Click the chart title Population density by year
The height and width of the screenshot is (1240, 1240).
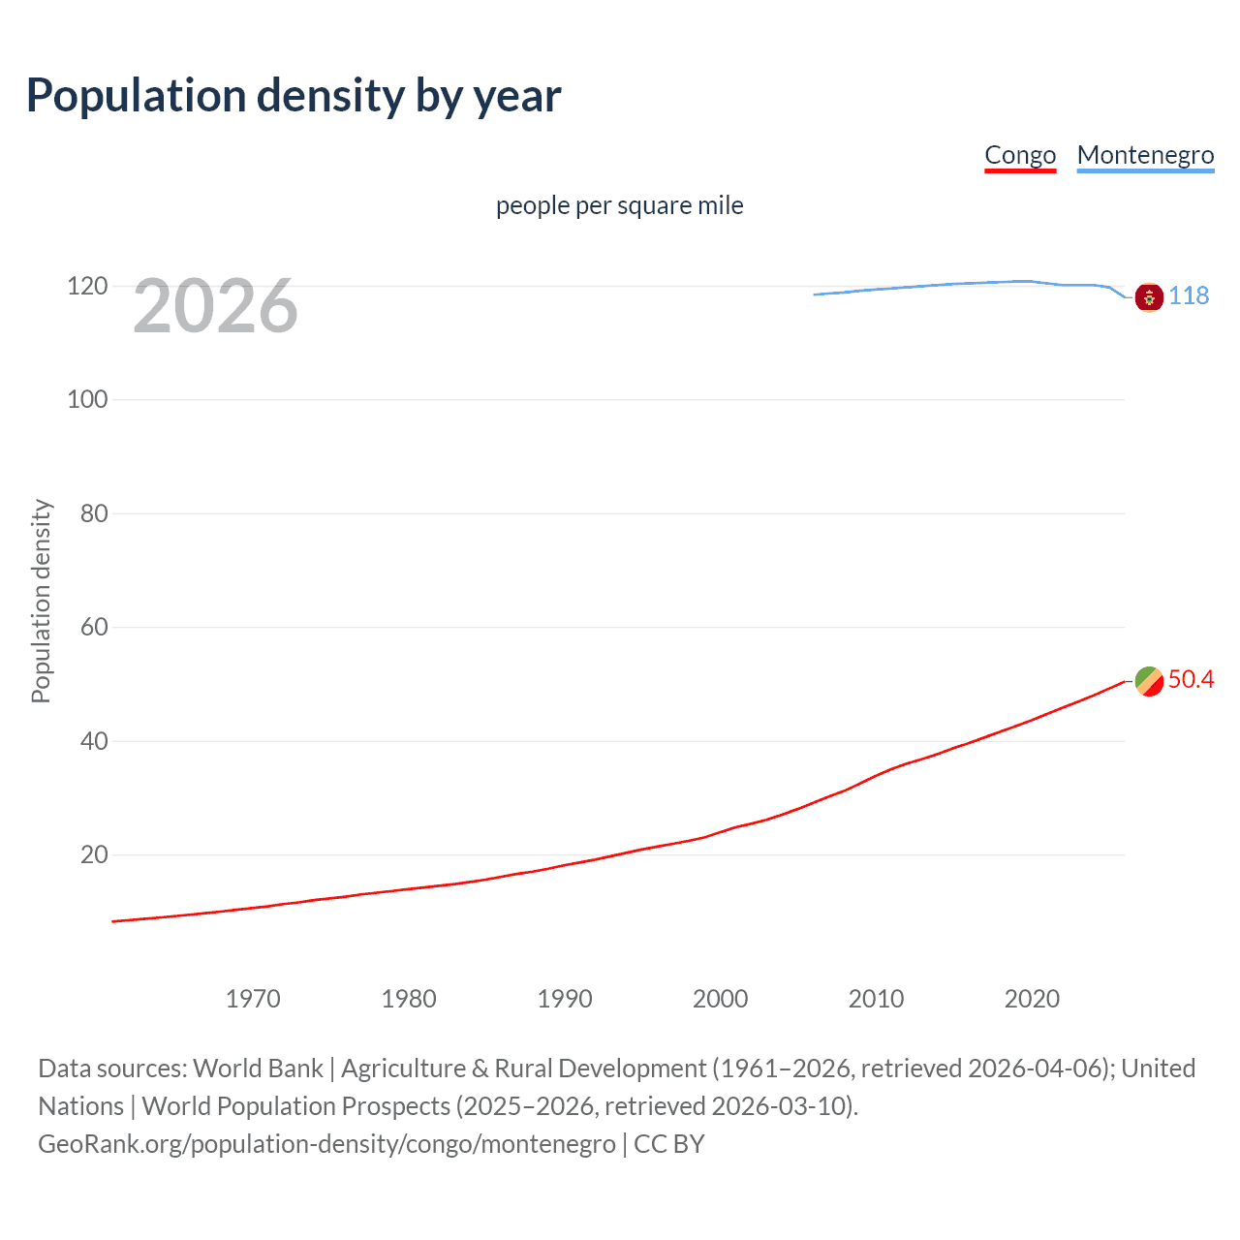[294, 96]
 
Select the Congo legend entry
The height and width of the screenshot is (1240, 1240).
[1019, 155]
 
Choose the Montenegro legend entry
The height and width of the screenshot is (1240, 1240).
[1145, 155]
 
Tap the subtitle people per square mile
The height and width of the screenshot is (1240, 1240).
[619, 205]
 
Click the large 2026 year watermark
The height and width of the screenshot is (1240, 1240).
[215, 306]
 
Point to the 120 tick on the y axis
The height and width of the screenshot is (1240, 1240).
[87, 286]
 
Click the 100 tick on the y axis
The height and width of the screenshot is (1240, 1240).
[87, 399]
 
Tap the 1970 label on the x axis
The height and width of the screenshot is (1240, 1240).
[253, 999]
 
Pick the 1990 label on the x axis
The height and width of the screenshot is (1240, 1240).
[565, 999]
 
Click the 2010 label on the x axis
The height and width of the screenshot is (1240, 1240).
[876, 999]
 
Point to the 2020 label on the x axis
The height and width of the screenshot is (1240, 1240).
[1032, 999]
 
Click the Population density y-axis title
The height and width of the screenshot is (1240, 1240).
[41, 601]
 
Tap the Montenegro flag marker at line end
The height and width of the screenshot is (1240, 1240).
[1148, 297]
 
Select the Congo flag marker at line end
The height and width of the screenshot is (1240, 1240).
[1148, 681]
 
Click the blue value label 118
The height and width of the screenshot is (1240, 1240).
[1189, 295]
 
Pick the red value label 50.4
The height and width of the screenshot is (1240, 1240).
[1191, 679]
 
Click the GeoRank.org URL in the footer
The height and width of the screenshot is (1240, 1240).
[326, 1144]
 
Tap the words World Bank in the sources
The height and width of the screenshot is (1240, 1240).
[258, 1069]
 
